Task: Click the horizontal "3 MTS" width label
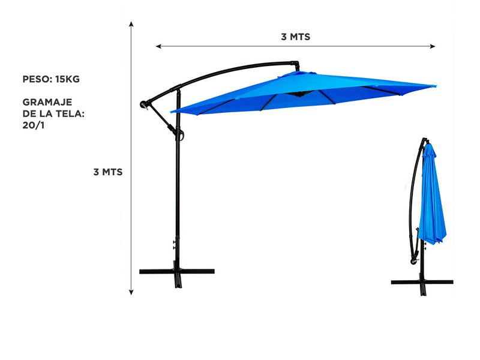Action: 295,37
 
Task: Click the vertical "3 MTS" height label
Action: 108,172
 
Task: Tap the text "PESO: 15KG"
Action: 51,79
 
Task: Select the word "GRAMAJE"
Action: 47,102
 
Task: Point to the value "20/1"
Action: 34,125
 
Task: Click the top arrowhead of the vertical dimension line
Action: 131,24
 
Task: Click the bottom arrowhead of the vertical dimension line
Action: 131,292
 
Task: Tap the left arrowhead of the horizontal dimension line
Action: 158,46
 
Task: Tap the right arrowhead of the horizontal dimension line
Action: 432,46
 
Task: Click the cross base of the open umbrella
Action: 177,272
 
